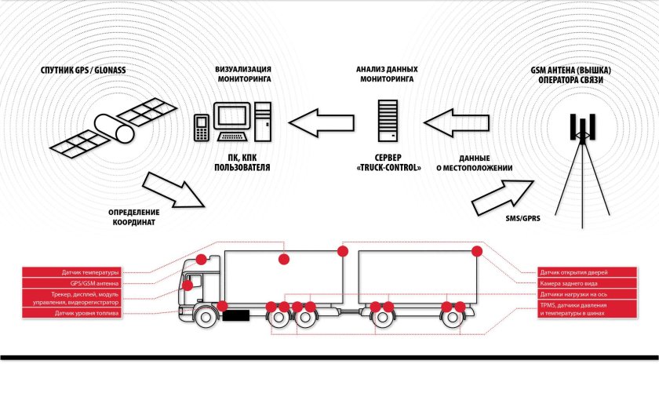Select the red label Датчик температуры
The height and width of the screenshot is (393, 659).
click(x=74, y=273)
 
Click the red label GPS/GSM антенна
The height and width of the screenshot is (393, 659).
click(x=74, y=283)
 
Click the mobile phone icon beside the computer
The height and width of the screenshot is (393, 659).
click(x=201, y=127)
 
